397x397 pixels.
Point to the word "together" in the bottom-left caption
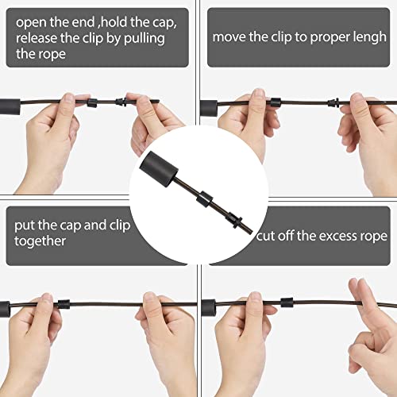coord(40,241)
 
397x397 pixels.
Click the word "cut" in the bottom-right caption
coord(264,237)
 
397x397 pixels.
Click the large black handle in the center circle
coord(159,169)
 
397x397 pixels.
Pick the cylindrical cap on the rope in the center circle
coord(205,198)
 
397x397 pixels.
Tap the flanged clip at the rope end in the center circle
coord(235,219)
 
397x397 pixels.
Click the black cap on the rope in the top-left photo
coord(92,102)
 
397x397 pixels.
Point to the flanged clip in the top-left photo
coord(121,102)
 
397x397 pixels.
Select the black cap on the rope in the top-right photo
coord(276,102)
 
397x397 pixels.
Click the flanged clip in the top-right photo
coord(333,102)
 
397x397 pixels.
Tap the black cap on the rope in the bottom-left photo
coord(64,304)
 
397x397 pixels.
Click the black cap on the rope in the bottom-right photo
coord(287,303)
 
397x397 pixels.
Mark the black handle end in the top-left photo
coord(10,107)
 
